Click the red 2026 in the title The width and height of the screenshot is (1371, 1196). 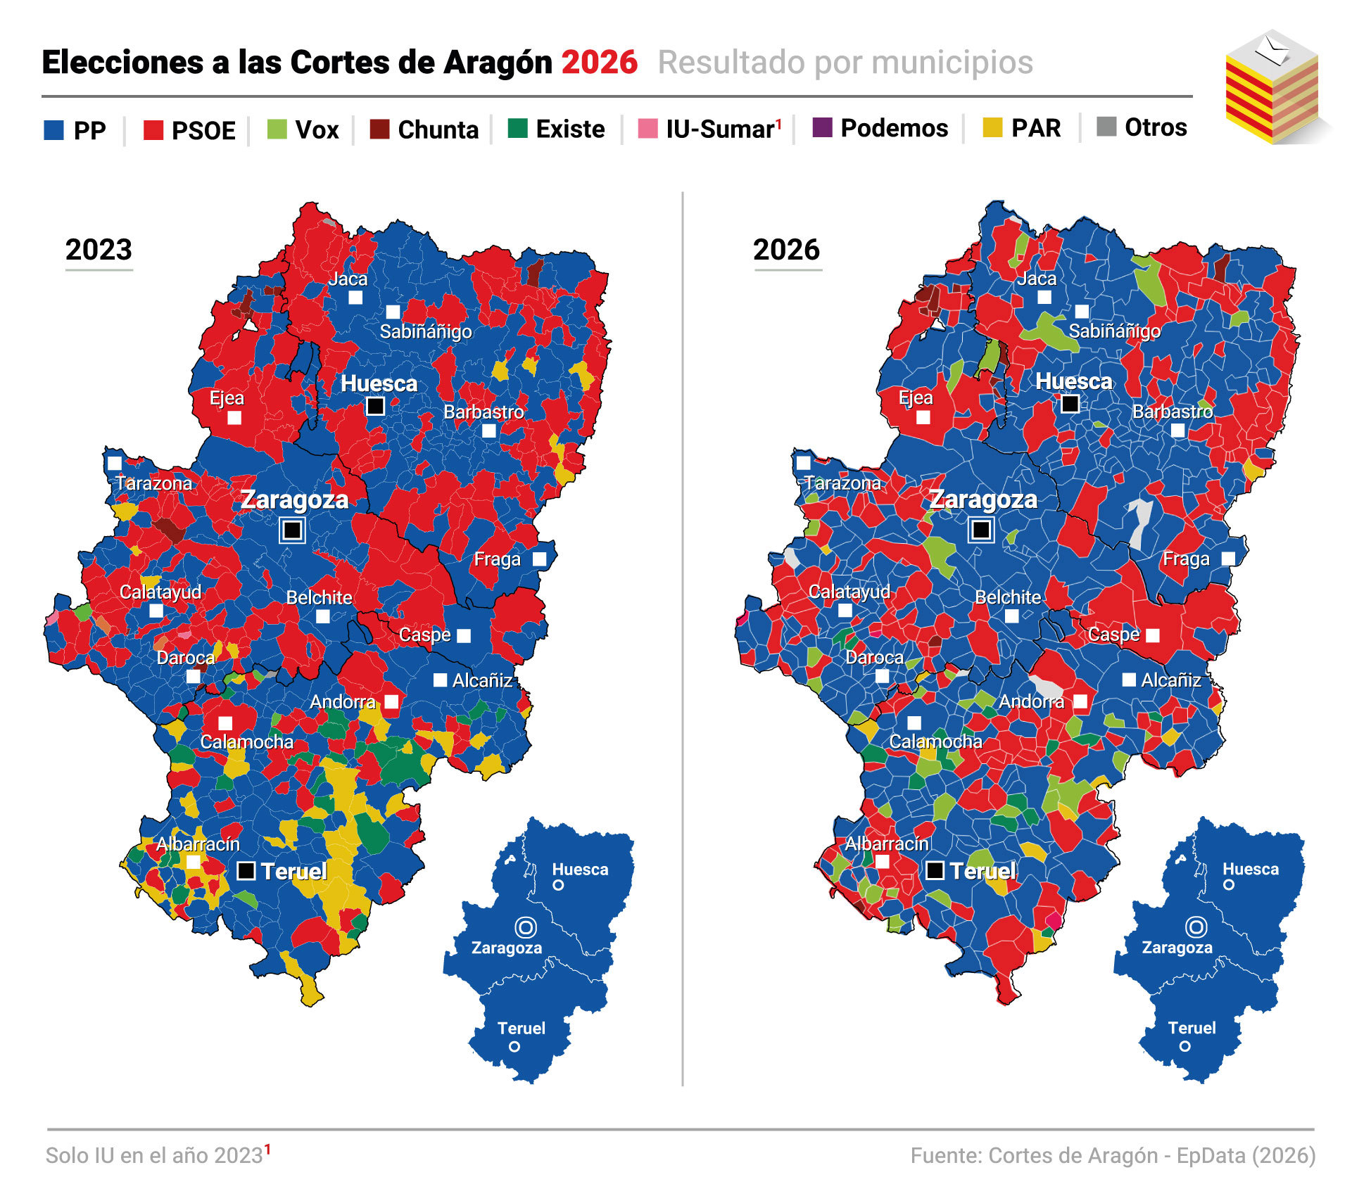(x=599, y=62)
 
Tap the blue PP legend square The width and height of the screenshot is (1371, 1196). (x=54, y=130)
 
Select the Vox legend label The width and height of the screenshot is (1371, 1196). (x=317, y=130)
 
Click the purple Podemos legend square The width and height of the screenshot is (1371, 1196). (x=822, y=128)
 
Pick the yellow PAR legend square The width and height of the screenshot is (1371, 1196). (x=992, y=128)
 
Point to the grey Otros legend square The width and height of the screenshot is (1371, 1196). (x=1106, y=127)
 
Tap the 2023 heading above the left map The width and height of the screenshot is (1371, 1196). (x=99, y=250)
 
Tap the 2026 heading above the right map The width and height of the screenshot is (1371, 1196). (x=786, y=250)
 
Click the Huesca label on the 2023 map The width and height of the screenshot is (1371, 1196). (x=379, y=383)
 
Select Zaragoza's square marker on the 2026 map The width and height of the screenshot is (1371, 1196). (x=981, y=529)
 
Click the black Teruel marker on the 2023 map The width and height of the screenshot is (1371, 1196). (x=246, y=871)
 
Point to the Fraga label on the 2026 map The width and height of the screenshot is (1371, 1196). (x=1186, y=559)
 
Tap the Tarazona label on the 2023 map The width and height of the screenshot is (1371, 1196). (x=153, y=483)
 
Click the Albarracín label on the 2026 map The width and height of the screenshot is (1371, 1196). (x=887, y=844)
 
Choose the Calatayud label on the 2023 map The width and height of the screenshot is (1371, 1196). (x=160, y=592)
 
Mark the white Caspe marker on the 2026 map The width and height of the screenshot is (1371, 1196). (x=1153, y=635)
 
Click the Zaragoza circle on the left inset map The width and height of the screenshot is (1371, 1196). (x=526, y=927)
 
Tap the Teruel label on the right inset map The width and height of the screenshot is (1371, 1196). (x=1192, y=1028)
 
